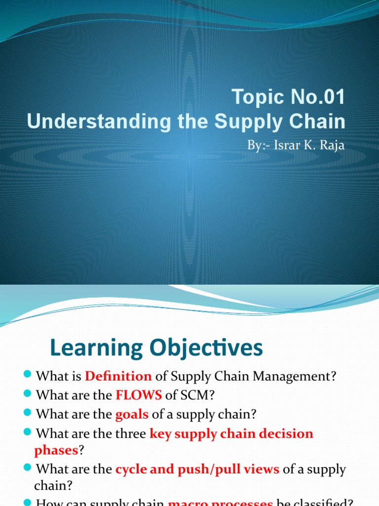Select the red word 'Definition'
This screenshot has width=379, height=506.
pos(118,377)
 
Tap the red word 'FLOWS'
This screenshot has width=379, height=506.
pos(139,395)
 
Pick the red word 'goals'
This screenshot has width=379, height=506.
pos(132,414)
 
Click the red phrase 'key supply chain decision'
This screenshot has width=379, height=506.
pos(231,433)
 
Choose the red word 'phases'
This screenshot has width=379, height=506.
pos(57,450)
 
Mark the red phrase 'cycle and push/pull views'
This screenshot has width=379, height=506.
pos(197,469)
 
